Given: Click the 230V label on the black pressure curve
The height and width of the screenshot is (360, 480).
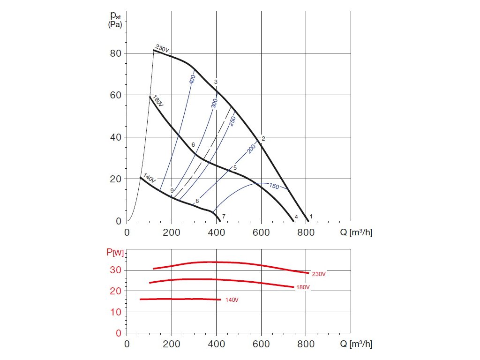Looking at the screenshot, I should [x=162, y=49].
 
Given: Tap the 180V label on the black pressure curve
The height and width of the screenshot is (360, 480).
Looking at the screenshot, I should [x=157, y=101].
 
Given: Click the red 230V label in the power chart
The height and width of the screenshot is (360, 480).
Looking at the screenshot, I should [x=318, y=274].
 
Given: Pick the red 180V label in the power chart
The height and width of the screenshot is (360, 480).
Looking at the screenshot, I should [x=303, y=287].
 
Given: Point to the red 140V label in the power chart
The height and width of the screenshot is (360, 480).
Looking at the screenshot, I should [x=232, y=300].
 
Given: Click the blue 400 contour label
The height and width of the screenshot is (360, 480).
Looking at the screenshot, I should [x=192, y=79].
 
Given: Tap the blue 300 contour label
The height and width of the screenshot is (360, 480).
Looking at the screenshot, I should [x=215, y=103].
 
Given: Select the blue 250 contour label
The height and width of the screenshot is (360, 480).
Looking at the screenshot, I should [x=232, y=120].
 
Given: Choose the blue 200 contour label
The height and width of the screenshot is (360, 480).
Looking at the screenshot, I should [x=251, y=149].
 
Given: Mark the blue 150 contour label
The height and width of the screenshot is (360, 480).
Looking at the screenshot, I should [x=274, y=187].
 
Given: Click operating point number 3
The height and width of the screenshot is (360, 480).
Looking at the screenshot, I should [x=216, y=82].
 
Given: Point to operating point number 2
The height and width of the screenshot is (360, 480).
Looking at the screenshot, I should [x=263, y=138].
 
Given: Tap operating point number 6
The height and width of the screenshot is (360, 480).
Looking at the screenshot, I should [x=193, y=144].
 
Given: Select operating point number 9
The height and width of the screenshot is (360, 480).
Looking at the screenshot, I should [x=172, y=191].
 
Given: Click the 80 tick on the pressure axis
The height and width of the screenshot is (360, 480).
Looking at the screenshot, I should [x=116, y=53].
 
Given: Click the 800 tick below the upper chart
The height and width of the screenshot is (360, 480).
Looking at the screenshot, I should [x=306, y=232].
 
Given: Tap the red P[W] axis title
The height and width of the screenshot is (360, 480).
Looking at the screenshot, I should [x=115, y=253].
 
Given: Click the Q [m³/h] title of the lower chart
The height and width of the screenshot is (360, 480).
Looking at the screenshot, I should [x=360, y=344].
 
